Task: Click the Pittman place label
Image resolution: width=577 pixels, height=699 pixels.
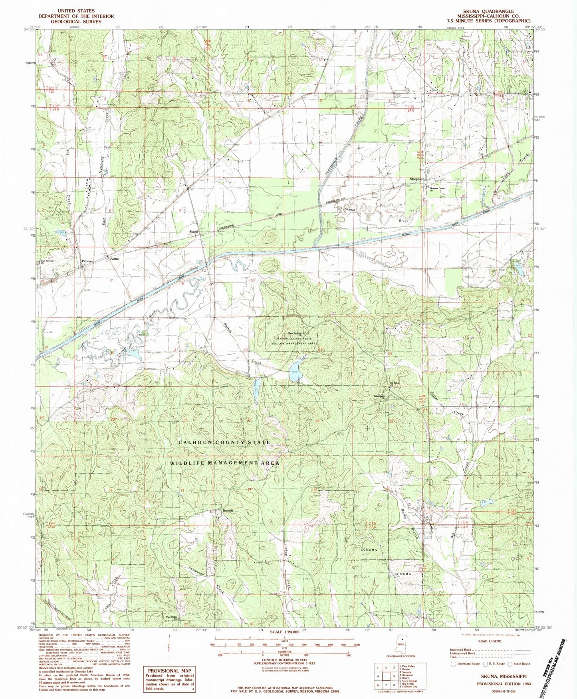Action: click(x=87, y=261)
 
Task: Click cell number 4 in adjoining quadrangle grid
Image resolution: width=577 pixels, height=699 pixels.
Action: click(x=378, y=676)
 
